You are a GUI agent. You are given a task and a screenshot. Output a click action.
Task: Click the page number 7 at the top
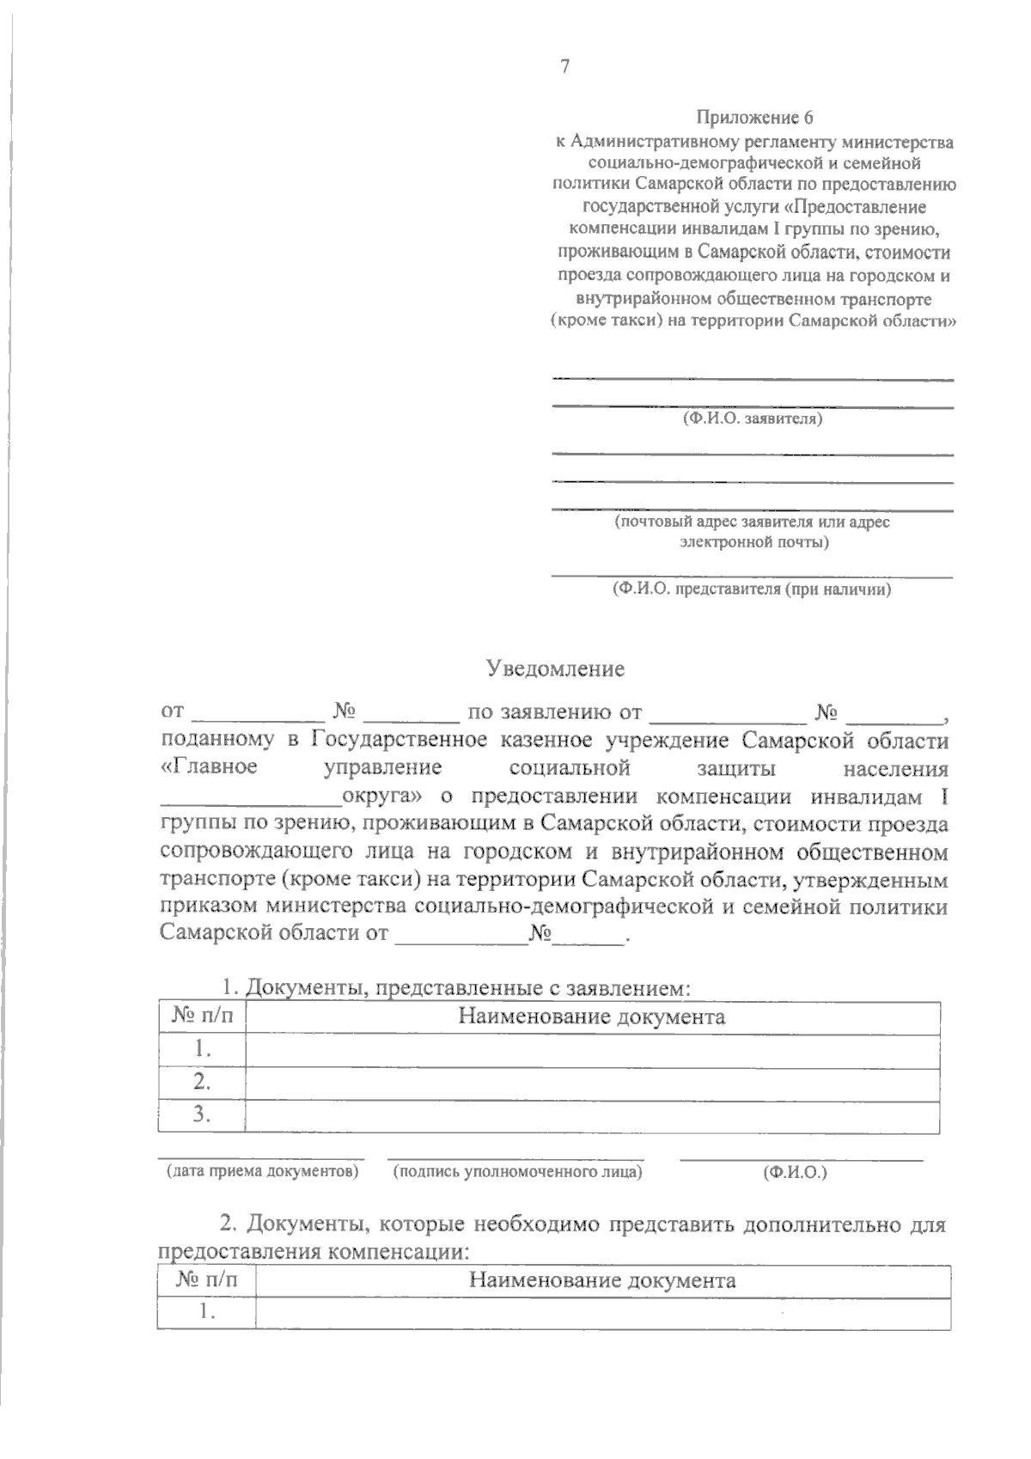(564, 68)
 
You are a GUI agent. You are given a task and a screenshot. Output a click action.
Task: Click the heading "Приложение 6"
(753, 118)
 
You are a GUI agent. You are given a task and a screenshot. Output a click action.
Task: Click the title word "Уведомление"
(555, 668)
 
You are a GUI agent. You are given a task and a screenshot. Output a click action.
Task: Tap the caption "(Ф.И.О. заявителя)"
(753, 419)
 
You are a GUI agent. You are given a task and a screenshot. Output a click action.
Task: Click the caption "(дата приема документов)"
(262, 1171)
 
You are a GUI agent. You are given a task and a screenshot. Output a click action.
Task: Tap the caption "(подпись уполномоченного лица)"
(517, 1172)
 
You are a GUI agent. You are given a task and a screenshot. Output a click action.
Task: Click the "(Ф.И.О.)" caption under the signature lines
(795, 1172)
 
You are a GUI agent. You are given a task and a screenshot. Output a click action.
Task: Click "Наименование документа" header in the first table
(591, 1017)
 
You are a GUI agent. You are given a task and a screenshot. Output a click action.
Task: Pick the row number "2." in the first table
(203, 1081)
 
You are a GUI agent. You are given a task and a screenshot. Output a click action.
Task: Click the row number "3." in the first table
(203, 1114)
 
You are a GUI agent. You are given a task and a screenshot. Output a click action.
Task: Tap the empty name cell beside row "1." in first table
(591, 1049)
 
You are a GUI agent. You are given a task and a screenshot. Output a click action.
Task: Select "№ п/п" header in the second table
(207, 1280)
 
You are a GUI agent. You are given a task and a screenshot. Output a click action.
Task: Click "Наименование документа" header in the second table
(602, 1280)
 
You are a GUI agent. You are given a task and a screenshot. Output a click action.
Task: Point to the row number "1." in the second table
(207, 1312)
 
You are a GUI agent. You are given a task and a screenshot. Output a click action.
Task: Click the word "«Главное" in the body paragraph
(209, 767)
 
